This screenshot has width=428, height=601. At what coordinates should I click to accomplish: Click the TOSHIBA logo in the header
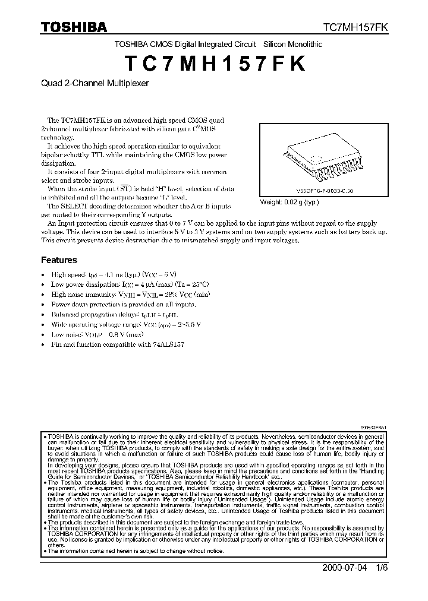(x=74, y=27)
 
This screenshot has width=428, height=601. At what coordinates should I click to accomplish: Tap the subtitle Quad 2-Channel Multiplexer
(x=95, y=84)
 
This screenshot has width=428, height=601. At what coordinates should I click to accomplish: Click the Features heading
(x=59, y=260)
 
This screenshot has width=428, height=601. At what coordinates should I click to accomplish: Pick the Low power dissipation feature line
(x=130, y=284)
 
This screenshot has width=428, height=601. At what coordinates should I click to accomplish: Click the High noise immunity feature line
(x=130, y=294)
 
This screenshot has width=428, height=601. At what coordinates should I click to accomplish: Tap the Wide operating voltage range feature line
(x=126, y=324)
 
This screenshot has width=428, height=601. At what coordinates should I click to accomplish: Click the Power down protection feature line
(x=123, y=304)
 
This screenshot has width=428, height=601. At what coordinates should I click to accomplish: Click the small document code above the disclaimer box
(x=373, y=428)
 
